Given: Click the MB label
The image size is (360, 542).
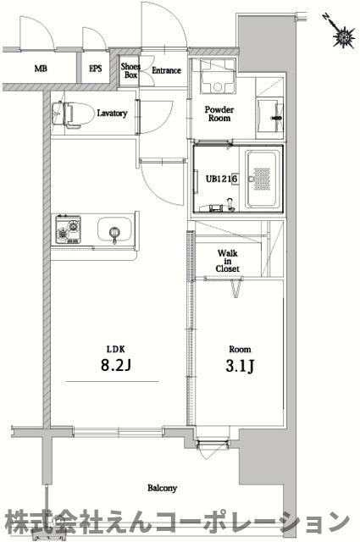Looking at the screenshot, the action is point(41,69).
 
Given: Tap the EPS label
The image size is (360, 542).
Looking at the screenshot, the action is point(96,69).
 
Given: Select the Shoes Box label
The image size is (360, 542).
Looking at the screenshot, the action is point(130,70).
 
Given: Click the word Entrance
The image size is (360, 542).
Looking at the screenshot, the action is point(166,70).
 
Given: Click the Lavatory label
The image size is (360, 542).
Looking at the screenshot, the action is point(112,113).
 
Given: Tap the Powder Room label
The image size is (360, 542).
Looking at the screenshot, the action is point(219,113).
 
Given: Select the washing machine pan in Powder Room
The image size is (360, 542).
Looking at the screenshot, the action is point(217,77).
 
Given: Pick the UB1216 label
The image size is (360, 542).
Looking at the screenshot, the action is point(222,179).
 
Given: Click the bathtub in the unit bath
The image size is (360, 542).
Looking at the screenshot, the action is point(263,180).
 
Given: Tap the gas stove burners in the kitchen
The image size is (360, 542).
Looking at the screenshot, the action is point(68,230).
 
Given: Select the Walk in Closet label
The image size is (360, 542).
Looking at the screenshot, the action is point(228,261).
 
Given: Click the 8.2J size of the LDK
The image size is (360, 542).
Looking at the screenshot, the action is point(115,365).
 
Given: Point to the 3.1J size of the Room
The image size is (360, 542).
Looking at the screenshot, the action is point(240,367).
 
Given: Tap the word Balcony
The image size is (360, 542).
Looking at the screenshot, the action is point(162,488).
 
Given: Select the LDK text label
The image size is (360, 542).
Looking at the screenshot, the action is point(115,349).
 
